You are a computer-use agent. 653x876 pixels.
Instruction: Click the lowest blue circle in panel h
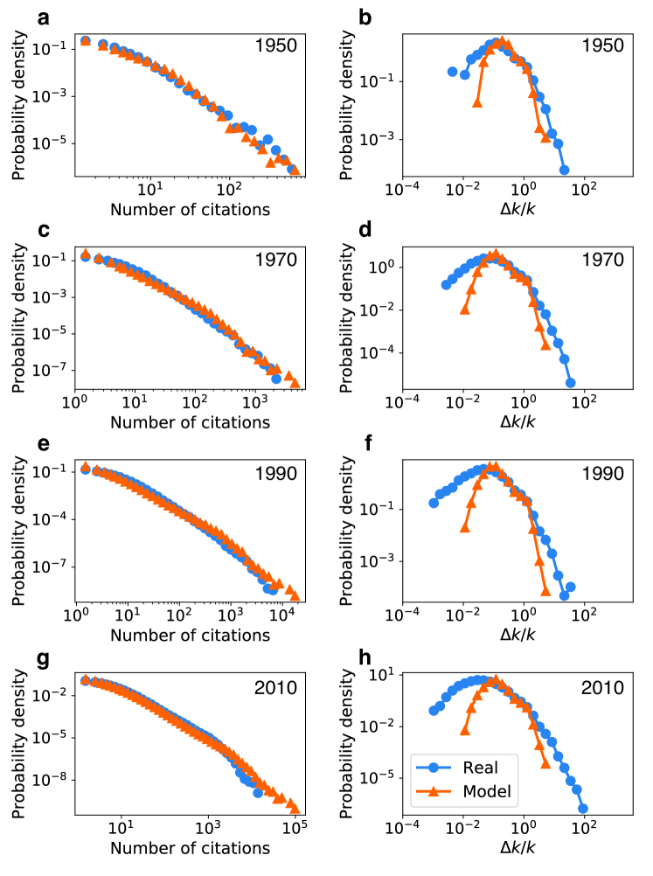[x=582, y=809]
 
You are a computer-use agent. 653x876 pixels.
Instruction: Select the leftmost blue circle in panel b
[x=452, y=72]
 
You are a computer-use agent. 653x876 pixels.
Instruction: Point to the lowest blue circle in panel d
[x=571, y=382]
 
